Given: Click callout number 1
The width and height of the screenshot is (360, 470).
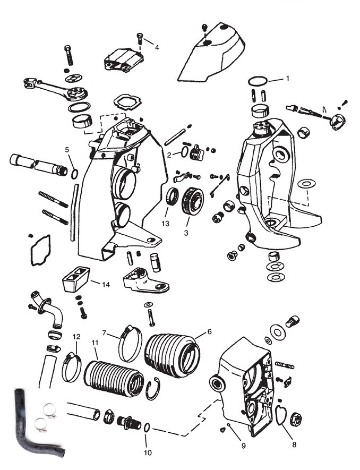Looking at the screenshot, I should coord(287,78).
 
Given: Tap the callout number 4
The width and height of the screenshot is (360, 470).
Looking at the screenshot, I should coord(157,47).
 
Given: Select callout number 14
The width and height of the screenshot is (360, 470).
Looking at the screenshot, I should coord(106,284).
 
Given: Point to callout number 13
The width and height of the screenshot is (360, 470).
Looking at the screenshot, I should coord(166,224).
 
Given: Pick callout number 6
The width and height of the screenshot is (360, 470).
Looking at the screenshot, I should coord(209,331).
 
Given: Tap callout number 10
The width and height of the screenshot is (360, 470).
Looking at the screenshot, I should coord(147,452).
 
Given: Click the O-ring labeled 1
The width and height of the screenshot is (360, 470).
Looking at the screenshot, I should coord(258,81).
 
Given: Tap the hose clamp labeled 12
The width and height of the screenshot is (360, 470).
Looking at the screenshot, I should coord(72,370).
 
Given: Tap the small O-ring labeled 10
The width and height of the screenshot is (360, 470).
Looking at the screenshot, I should coord(147,428).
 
